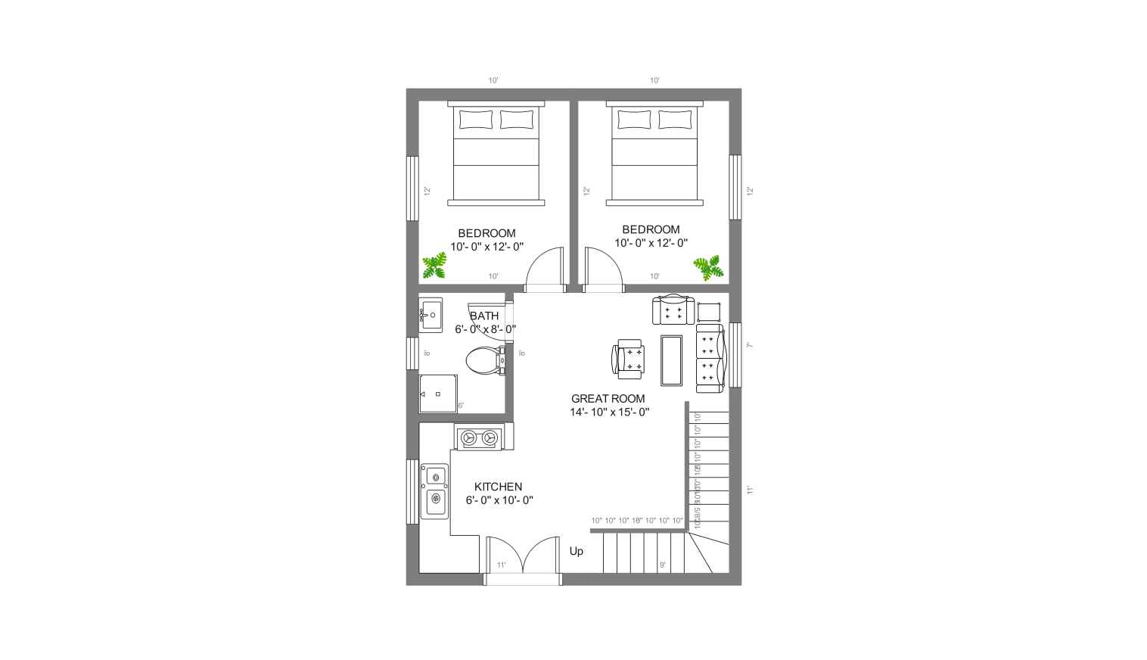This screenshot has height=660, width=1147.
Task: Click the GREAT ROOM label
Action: click(x=608, y=399)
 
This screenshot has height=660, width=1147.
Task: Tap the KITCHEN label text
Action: click(x=498, y=487)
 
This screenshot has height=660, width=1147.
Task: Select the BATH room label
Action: click(x=484, y=316)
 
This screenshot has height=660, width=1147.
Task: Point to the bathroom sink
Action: click(x=431, y=315)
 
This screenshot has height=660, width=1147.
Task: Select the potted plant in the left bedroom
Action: click(x=434, y=266)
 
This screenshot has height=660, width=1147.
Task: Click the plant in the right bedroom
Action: click(x=708, y=267)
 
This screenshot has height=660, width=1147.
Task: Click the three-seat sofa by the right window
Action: click(x=708, y=358)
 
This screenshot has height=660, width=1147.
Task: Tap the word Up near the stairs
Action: click(x=577, y=551)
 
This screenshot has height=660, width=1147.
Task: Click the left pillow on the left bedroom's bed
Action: click(x=475, y=120)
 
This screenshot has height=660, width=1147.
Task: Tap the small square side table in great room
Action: click(x=709, y=311)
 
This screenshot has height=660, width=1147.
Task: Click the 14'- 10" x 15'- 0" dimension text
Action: click(x=610, y=412)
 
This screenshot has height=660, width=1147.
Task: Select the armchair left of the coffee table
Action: click(x=629, y=359)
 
